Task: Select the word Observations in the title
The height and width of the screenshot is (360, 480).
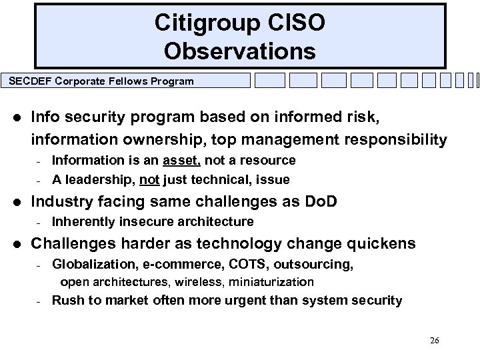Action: [239, 51]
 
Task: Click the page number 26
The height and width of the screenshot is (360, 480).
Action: [434, 341]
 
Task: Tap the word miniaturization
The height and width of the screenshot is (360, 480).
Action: [269, 282]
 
